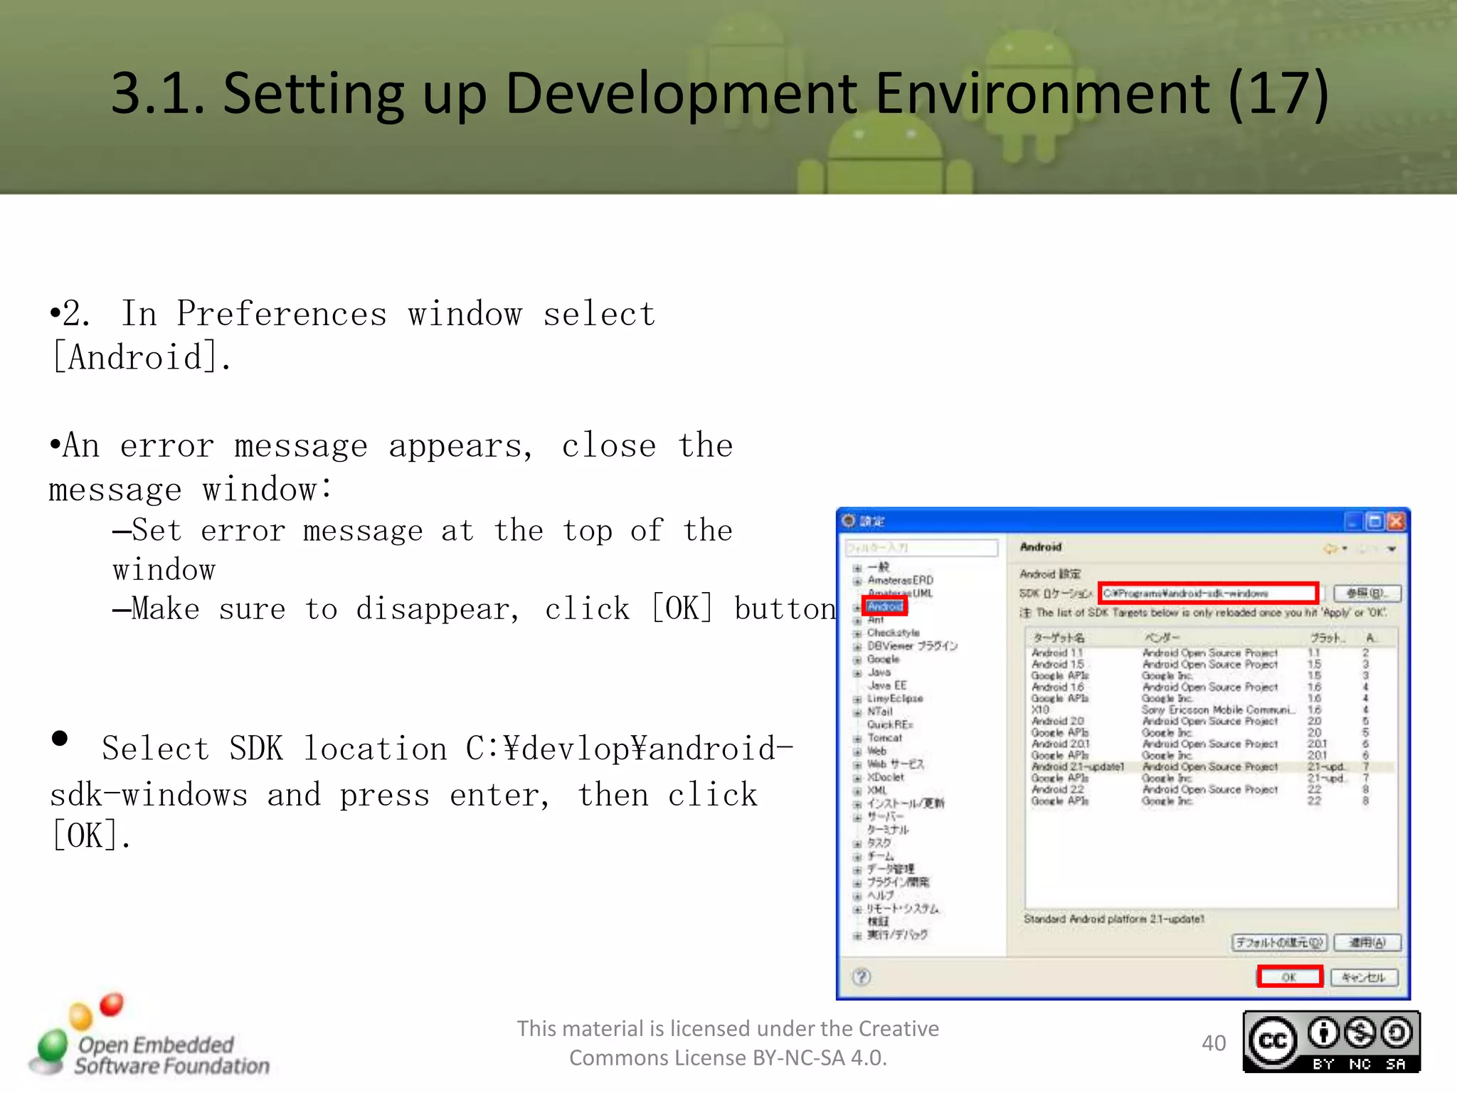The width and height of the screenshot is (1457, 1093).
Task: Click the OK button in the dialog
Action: pos(1288,976)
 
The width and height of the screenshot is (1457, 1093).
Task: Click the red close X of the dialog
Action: pos(1397,522)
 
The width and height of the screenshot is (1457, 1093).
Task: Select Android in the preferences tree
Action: pos(885,606)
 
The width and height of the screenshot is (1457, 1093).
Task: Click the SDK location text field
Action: pos(1207,593)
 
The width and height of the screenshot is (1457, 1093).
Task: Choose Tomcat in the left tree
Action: pos(884,738)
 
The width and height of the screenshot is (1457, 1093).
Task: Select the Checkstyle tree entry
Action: pos(893,633)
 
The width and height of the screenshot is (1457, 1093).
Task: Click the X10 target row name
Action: pos(1040,709)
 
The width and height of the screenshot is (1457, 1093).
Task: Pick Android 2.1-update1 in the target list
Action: pos(1077,766)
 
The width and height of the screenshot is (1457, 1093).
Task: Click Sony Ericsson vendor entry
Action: pos(1217,709)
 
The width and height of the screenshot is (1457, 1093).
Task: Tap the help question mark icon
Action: pos(862,976)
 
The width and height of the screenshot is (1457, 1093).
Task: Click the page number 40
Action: pos(1214,1043)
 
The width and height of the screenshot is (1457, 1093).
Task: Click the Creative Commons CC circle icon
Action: pos(1273,1041)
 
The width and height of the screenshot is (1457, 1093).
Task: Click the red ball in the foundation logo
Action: pos(112,1004)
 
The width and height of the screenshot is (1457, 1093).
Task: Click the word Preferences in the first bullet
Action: pos(282,314)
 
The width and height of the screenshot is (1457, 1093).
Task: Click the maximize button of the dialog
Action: pos(1374,522)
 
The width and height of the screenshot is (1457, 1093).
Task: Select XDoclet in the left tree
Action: pos(885,777)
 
